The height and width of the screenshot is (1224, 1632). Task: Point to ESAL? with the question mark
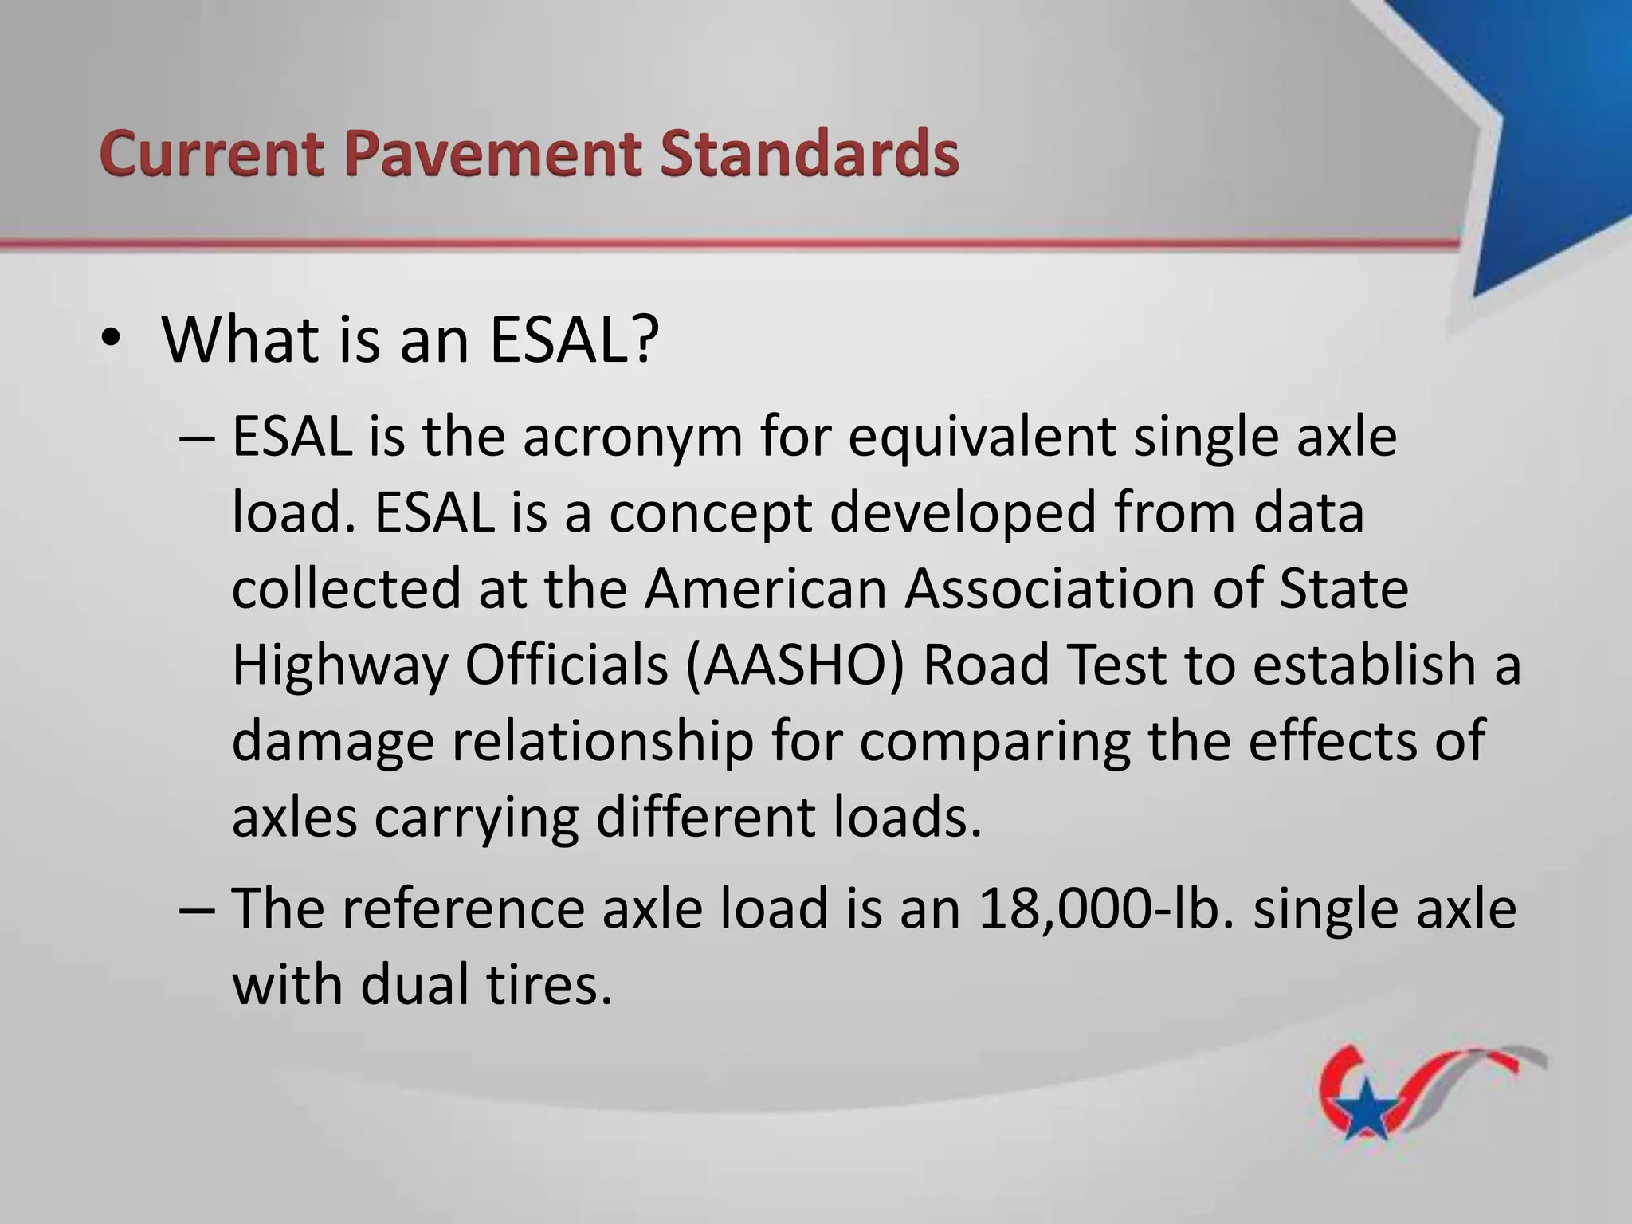[574, 340]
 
